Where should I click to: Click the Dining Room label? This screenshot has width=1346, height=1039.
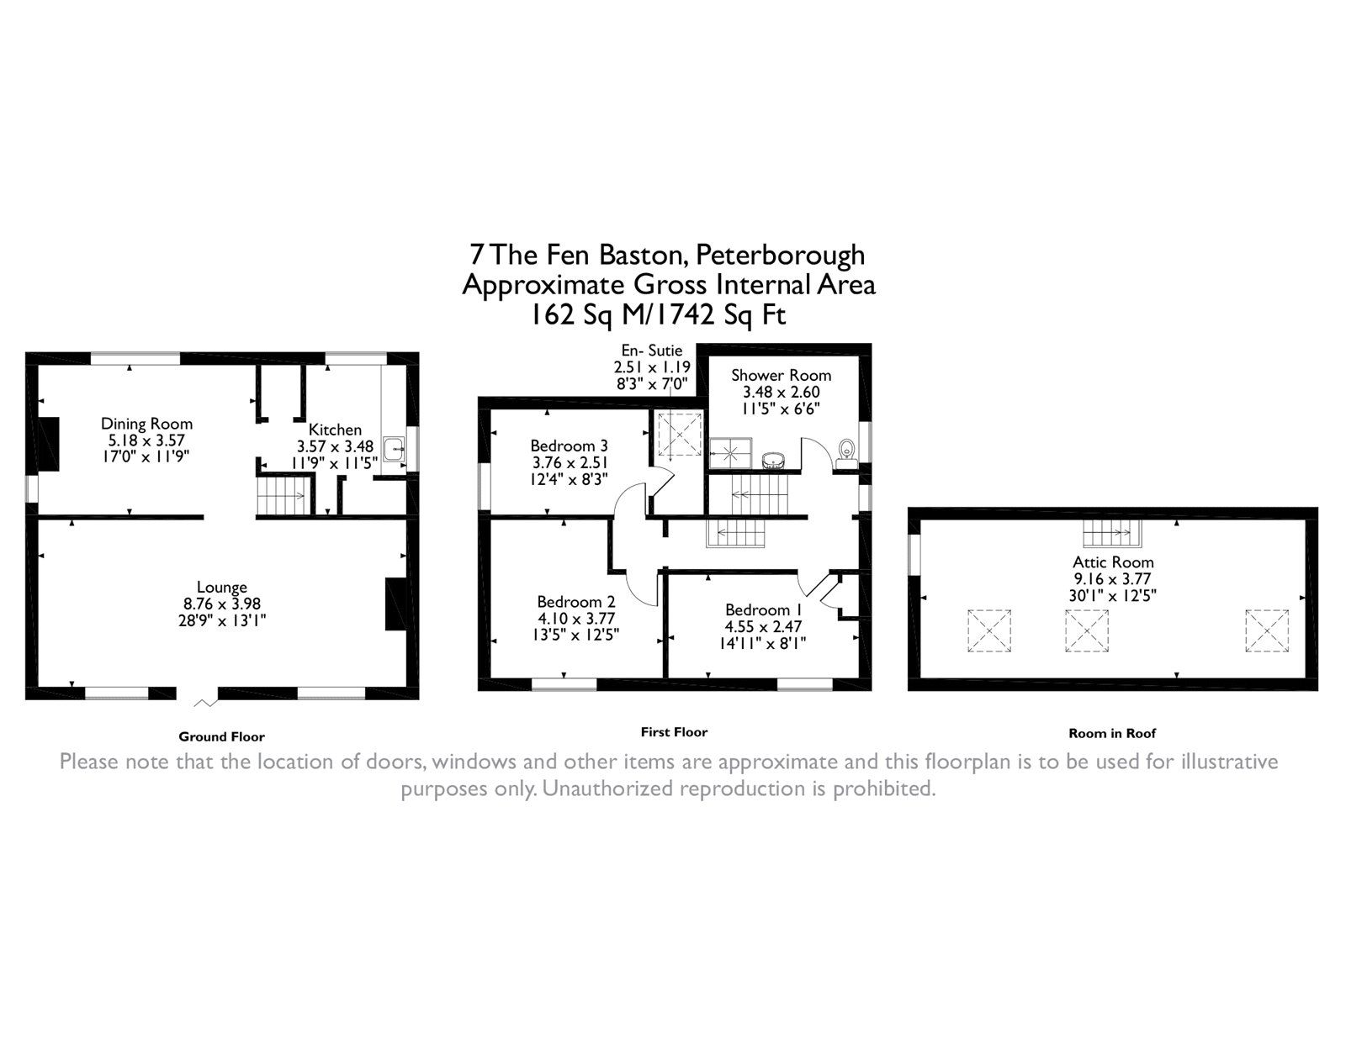(146, 424)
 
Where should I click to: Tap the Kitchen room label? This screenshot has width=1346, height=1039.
(335, 430)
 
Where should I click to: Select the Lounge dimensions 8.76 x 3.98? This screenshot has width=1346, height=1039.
(222, 604)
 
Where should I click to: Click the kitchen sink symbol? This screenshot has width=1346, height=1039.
(394, 450)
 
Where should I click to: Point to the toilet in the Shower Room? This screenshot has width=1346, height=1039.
(846, 451)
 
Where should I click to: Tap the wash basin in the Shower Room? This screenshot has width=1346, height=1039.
(772, 459)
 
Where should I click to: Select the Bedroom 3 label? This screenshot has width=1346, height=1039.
(569, 446)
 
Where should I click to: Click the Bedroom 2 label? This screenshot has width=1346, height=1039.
(576, 602)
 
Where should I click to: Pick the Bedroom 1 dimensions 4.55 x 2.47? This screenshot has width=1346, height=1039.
(758, 626)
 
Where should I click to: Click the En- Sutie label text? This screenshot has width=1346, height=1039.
(652, 351)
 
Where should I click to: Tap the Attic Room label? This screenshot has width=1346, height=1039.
(1113, 562)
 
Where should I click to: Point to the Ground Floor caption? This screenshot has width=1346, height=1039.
(221, 737)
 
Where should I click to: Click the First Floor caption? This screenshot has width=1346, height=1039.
(674, 732)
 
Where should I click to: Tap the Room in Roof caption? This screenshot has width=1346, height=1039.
(1112, 733)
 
